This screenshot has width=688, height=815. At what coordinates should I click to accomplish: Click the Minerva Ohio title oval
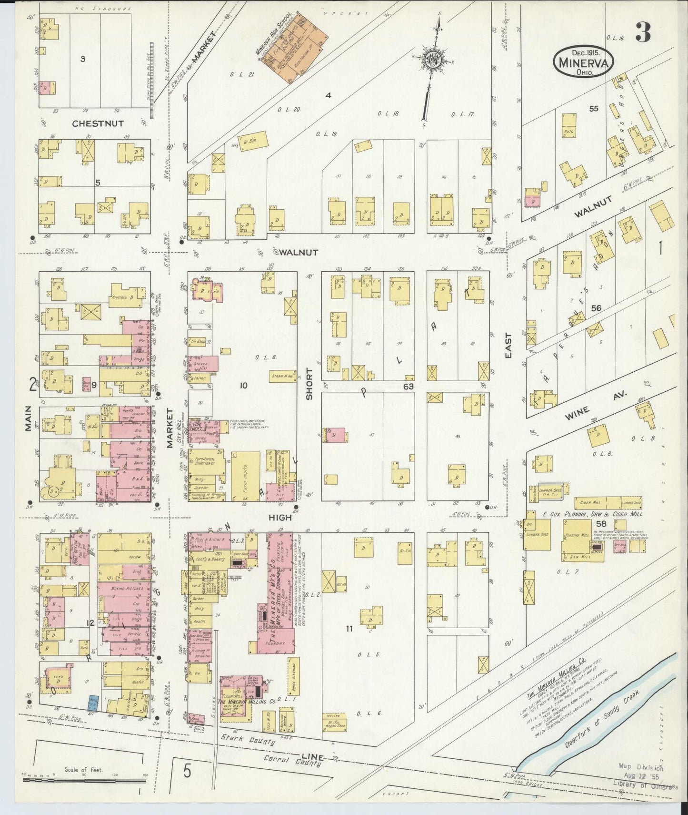click(x=583, y=61)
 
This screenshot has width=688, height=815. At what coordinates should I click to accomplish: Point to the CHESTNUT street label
click(x=98, y=123)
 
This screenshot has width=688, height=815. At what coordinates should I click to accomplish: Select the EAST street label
click(x=508, y=345)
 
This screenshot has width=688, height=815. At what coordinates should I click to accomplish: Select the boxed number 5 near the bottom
click(x=187, y=771)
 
